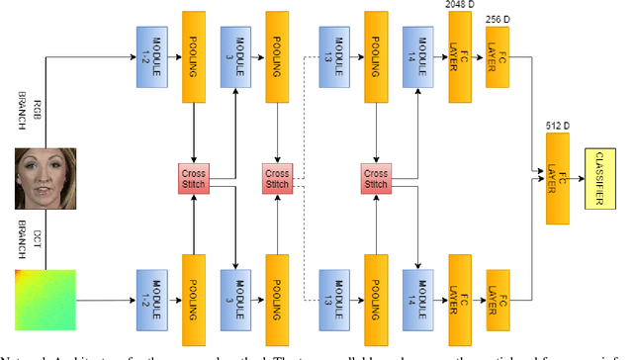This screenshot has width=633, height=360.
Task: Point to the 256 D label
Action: (498, 19)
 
